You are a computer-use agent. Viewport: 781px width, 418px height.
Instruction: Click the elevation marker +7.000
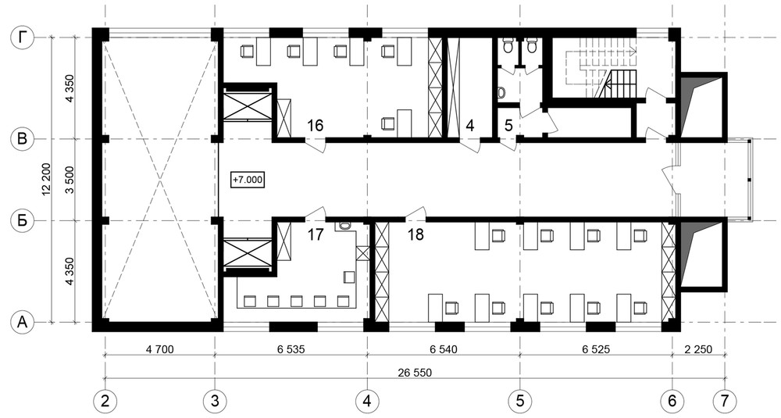248,180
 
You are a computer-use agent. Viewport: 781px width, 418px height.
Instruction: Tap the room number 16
315,126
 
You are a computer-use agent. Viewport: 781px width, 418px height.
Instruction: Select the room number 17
315,234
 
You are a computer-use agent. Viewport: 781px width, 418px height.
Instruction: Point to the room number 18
415,234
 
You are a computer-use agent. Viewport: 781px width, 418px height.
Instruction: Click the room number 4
469,126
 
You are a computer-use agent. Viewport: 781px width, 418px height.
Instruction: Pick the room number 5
508,126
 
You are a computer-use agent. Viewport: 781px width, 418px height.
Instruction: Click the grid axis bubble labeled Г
22,38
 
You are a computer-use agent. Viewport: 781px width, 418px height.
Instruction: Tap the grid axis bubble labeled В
22,139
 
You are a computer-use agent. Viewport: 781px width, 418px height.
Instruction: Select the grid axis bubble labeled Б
22,220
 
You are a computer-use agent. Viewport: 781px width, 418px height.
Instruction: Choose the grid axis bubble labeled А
22,323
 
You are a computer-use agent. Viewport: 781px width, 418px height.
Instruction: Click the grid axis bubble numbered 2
105,400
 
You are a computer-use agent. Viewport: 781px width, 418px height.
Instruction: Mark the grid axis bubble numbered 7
724,400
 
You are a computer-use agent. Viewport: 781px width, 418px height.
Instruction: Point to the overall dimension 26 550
415,373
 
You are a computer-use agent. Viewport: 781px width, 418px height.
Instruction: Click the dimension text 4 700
160,349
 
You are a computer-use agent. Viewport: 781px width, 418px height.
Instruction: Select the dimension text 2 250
697,349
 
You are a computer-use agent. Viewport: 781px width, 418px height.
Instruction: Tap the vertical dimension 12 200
46,180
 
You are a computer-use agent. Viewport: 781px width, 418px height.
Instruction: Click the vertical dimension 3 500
70,180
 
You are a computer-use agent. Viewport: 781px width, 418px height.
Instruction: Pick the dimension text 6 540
443,349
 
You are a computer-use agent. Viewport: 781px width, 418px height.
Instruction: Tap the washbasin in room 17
344,226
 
